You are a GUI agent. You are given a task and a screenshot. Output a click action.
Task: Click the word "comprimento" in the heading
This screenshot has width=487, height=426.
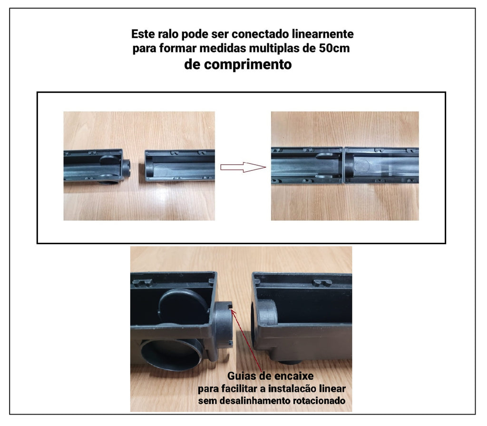[x=248, y=64]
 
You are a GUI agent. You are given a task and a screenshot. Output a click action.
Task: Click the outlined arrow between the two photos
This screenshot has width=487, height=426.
[x=243, y=167]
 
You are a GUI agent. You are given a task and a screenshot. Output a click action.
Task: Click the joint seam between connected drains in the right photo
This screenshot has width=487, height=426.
[x=343, y=165]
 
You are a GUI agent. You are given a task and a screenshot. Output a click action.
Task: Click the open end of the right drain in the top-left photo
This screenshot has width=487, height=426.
[x=148, y=166]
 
